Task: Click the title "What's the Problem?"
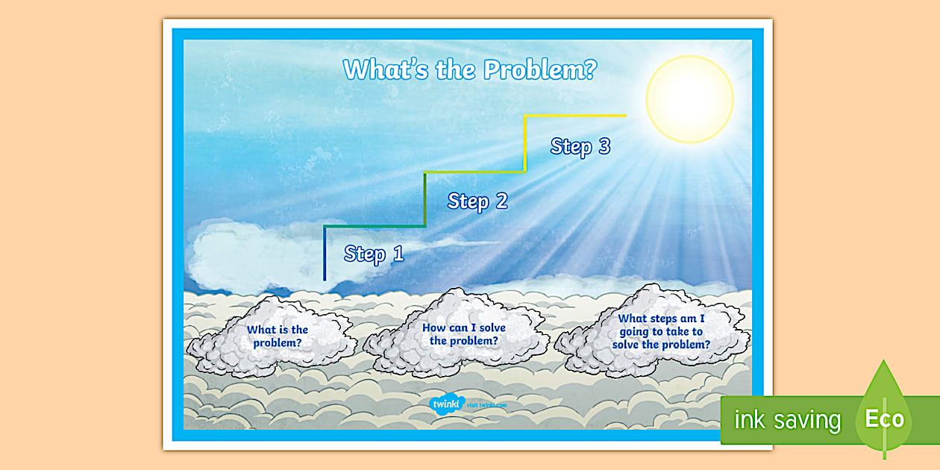470,69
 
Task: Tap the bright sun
689,98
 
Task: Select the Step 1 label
374,254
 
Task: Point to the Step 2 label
477,201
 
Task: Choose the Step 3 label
580,146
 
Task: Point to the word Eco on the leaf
884,419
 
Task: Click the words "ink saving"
787,420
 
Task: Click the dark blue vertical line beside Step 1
325,254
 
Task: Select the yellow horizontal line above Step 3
574,116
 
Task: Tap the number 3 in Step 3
604,146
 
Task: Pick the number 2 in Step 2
501,201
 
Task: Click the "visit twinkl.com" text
487,405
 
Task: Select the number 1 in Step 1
397,254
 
